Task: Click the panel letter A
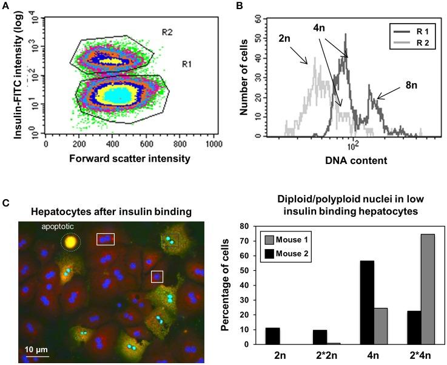5,7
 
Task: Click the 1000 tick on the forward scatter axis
211,146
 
